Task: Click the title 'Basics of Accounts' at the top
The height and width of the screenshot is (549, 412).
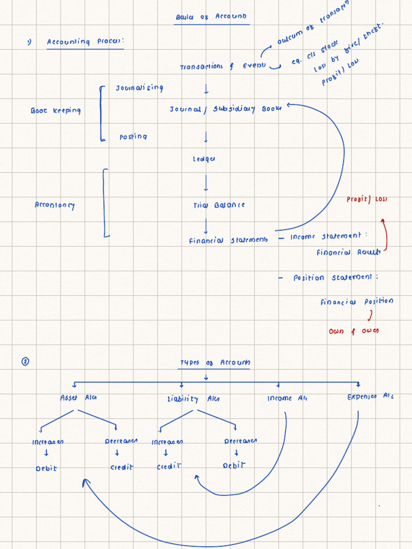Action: (x=211, y=17)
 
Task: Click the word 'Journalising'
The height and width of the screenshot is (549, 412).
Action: (x=139, y=88)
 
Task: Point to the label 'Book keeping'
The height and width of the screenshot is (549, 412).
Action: (x=55, y=110)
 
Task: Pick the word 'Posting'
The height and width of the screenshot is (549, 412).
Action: (x=133, y=137)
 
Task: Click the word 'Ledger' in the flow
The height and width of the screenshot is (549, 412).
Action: (x=204, y=159)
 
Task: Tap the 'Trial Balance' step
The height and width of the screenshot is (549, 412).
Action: (x=219, y=205)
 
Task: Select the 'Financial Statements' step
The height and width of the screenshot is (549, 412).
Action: (x=227, y=241)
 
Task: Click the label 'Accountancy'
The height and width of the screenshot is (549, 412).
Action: (x=55, y=205)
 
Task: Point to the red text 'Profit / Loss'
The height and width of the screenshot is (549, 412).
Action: (x=367, y=199)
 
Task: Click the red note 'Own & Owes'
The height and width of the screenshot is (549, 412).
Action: (x=353, y=331)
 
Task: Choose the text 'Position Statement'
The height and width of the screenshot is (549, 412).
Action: (x=329, y=278)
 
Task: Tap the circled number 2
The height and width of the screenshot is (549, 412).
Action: (x=25, y=362)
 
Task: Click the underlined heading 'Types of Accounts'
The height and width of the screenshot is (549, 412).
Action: (x=215, y=363)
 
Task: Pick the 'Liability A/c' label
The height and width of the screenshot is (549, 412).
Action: (x=193, y=399)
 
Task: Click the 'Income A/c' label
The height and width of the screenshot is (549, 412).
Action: (x=288, y=398)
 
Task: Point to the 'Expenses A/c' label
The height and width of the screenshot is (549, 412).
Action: (x=370, y=397)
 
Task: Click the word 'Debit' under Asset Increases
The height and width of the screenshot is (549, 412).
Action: (x=46, y=468)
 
